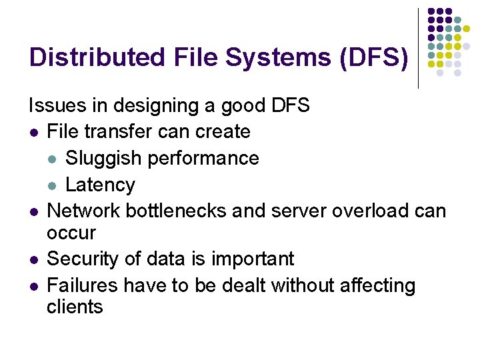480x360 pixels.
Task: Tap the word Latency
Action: coord(100,185)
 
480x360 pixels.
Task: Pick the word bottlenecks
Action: coord(176,211)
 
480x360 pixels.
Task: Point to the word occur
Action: coord(71,233)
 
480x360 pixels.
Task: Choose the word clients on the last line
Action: coord(75,307)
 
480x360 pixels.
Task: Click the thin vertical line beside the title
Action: coord(418,48)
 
